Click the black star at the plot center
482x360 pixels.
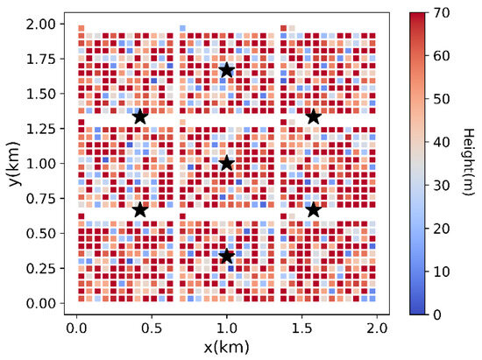coord(227,163)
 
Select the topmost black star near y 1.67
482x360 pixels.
coord(227,70)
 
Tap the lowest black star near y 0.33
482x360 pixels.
coord(227,256)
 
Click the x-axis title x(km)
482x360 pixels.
coord(226,349)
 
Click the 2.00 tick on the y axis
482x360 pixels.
coord(41,23)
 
